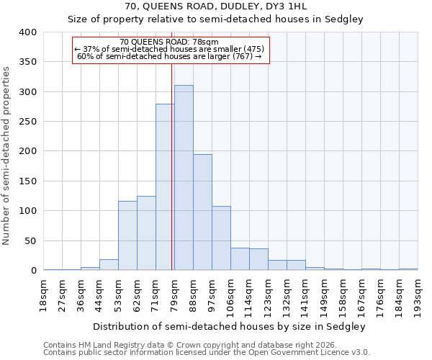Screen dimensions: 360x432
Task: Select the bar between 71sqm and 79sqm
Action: coord(165,187)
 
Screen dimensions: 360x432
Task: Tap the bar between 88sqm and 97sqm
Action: coord(202,212)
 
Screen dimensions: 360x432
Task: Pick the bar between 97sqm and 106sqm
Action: coord(221,238)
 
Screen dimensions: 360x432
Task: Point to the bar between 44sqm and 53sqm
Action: coord(109,265)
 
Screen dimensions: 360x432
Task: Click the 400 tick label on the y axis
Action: coord(27,32)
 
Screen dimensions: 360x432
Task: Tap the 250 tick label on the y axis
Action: coord(27,122)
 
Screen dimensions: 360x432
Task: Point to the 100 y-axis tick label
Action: coord(27,211)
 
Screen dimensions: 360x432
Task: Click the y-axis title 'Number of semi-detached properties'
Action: coord(6,155)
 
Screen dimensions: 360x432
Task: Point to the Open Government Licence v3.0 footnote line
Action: coord(206,352)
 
